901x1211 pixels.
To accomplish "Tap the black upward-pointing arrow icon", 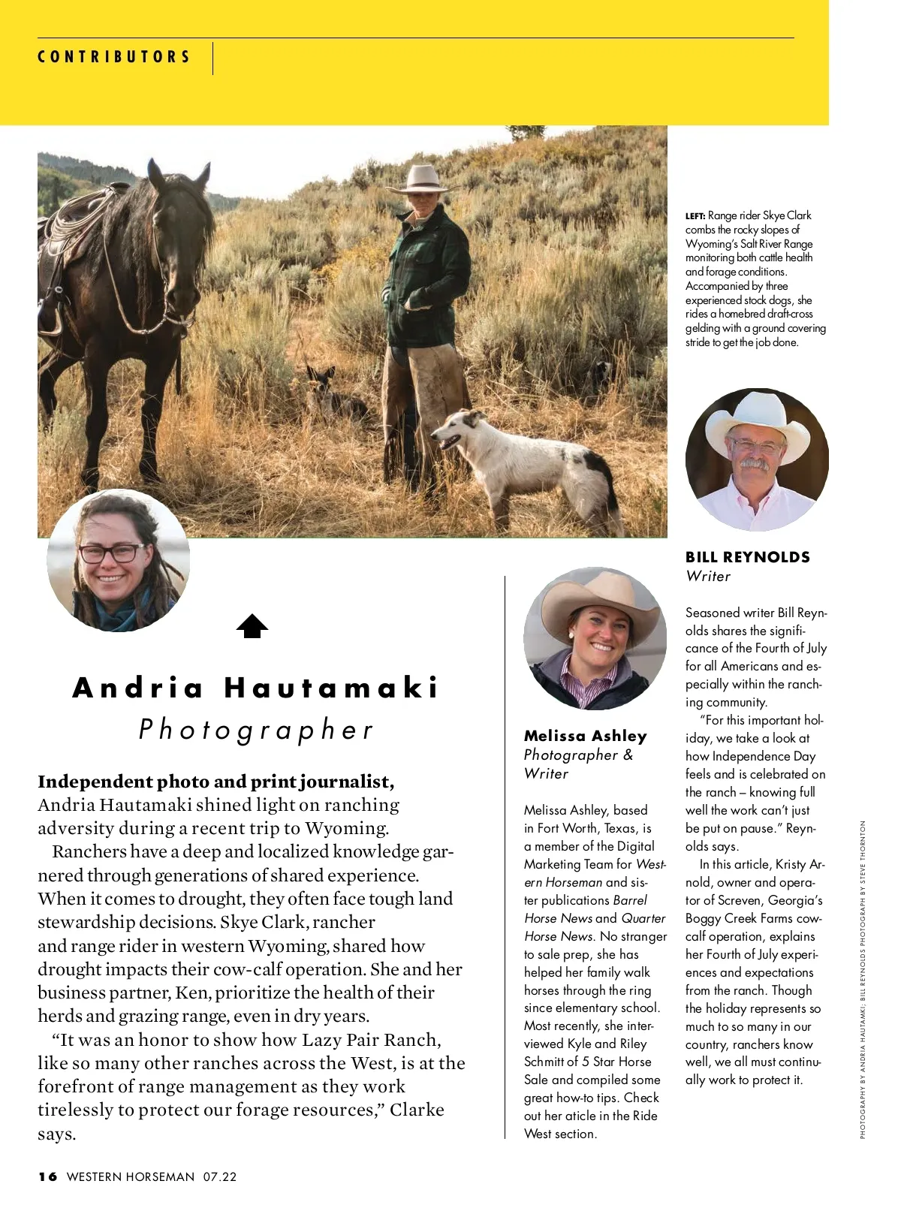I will pos(252,626).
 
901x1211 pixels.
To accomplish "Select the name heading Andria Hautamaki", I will pos(255,688).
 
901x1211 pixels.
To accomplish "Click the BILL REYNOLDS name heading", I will pos(747,557).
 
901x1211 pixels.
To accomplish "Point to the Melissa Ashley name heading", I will pos(585,736).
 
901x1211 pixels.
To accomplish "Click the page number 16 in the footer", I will pos(48,1176).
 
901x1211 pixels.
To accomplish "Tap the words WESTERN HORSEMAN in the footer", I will pos(131,1176).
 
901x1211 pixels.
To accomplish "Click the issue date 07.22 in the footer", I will pos(219,1176).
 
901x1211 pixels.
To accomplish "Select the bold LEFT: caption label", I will pos(695,216).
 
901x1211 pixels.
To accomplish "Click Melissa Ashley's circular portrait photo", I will pos(595,638).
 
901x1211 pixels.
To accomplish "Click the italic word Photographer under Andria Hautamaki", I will pos(255,730).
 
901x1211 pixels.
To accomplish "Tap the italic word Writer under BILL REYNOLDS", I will pos(708,577).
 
